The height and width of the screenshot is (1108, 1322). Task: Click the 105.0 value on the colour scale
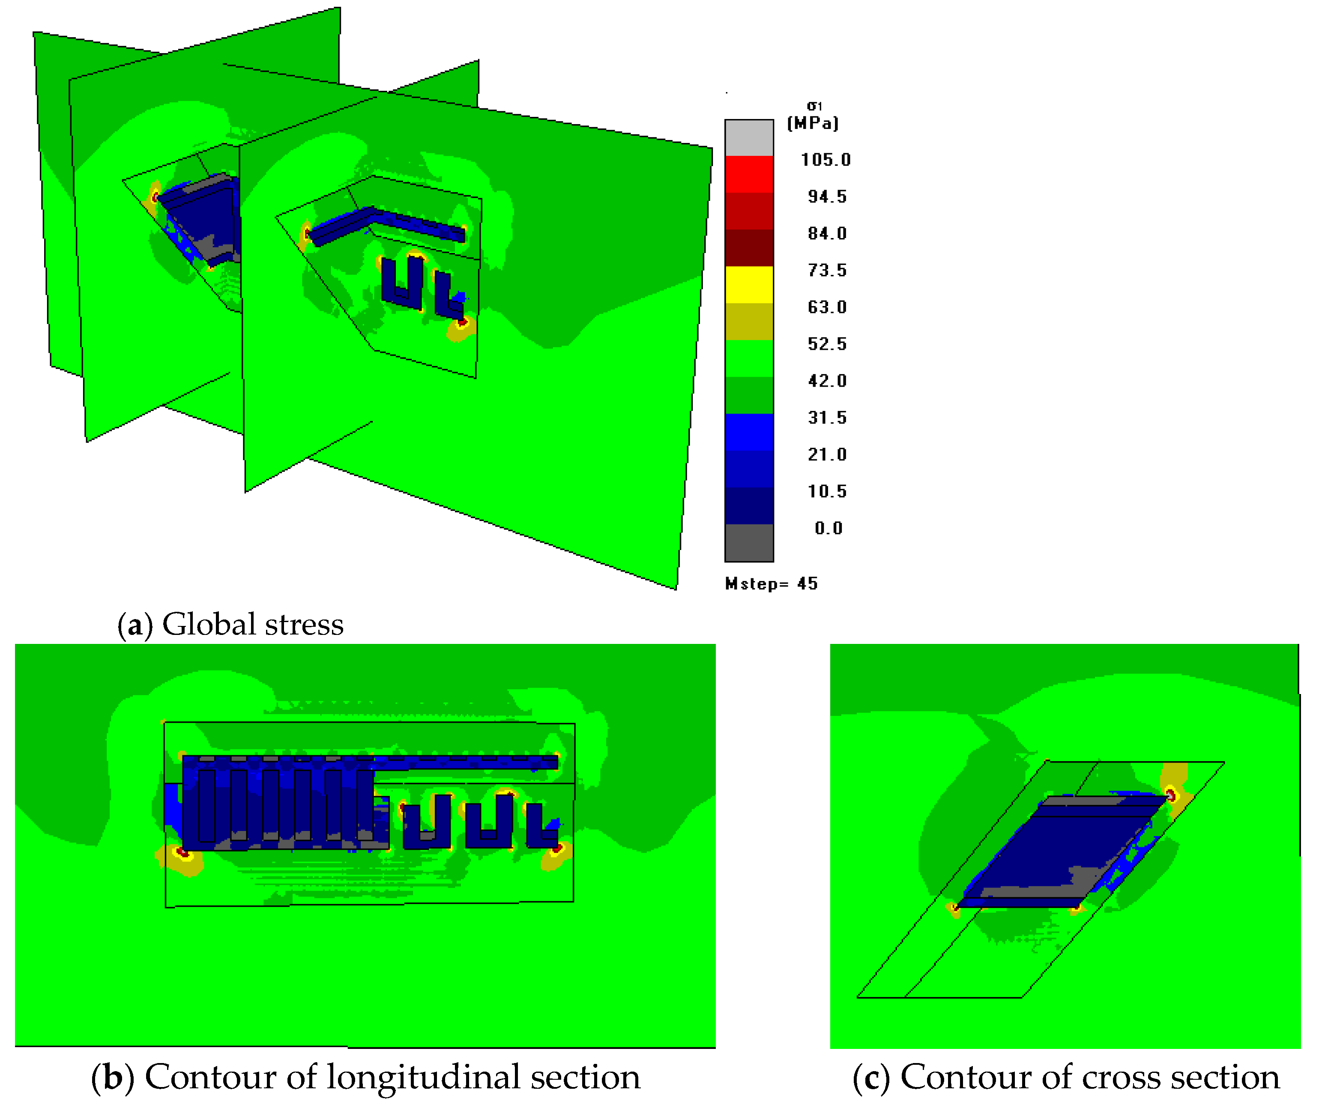tap(826, 160)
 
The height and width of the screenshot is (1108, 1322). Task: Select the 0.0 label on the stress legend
tap(828, 528)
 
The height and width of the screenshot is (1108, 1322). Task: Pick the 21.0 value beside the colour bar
tap(827, 454)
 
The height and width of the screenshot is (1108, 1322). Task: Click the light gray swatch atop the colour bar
tap(749, 138)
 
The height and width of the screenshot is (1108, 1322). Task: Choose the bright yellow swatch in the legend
tap(749, 285)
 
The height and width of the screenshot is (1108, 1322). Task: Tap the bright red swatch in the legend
tap(749, 174)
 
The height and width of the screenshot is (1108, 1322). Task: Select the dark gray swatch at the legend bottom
tap(749, 542)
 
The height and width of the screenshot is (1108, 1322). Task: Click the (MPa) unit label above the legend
tap(814, 123)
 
